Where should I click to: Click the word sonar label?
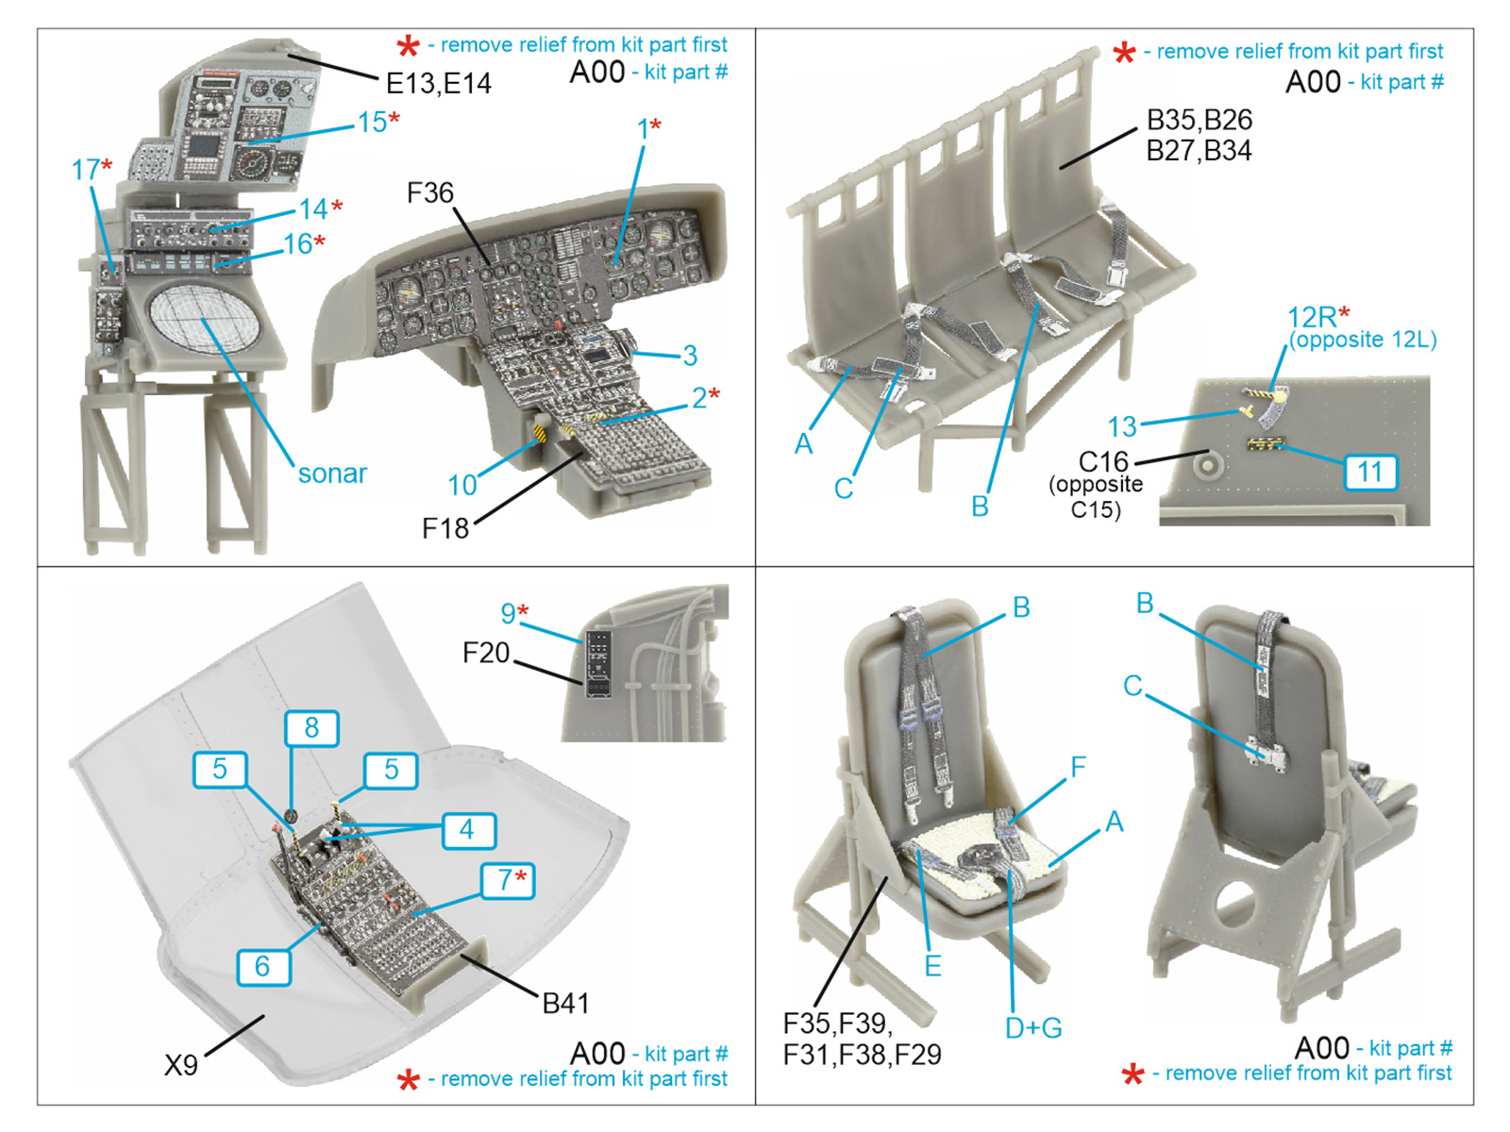coord(332,474)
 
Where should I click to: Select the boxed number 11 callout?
coord(1369,473)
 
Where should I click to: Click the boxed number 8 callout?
coord(310,728)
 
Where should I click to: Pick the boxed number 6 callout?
coord(262,966)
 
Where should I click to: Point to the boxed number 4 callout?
coord(468,829)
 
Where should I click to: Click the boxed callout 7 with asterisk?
coord(508,880)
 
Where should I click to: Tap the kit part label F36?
coord(430,192)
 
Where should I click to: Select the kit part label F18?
coord(445,528)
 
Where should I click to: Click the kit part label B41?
coord(565,1004)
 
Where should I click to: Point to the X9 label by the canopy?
coord(181,1065)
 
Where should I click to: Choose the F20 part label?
coord(486,652)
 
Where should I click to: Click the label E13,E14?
coord(439,83)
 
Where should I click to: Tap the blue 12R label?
coord(1312,317)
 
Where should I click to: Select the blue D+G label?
coord(1033,1027)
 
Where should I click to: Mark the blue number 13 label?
coord(1122,426)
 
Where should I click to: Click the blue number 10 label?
coord(462,485)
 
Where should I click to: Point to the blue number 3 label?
coord(690,356)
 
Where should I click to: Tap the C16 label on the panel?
coord(1103,461)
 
